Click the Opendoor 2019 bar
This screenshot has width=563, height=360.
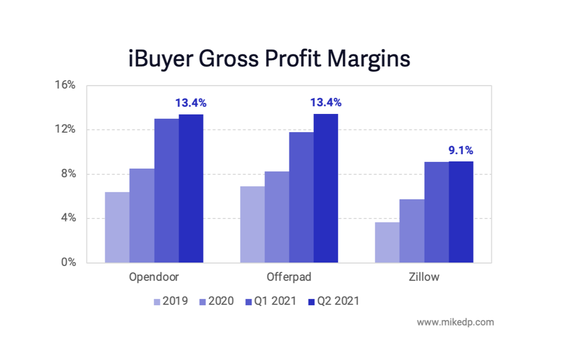tap(117, 227)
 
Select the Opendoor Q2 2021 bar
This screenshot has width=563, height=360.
tap(191, 189)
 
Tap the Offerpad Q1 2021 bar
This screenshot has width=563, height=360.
tap(301, 198)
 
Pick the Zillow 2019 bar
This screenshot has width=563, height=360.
tap(387, 242)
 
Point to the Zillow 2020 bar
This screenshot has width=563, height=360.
tap(412, 231)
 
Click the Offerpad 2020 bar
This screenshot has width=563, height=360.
tap(277, 217)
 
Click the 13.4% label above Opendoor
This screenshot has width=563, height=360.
tap(191, 103)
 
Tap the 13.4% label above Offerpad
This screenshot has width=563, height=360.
tap(326, 102)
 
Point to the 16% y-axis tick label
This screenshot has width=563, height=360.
tap(65, 85)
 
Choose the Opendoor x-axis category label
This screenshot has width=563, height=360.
tap(154, 277)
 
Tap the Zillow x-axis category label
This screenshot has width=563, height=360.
tap(423, 277)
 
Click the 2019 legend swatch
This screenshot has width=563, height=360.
tap(157, 302)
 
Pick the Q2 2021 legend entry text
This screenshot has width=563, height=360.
tap(338, 301)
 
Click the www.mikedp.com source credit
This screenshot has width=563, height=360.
tap(455, 322)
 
